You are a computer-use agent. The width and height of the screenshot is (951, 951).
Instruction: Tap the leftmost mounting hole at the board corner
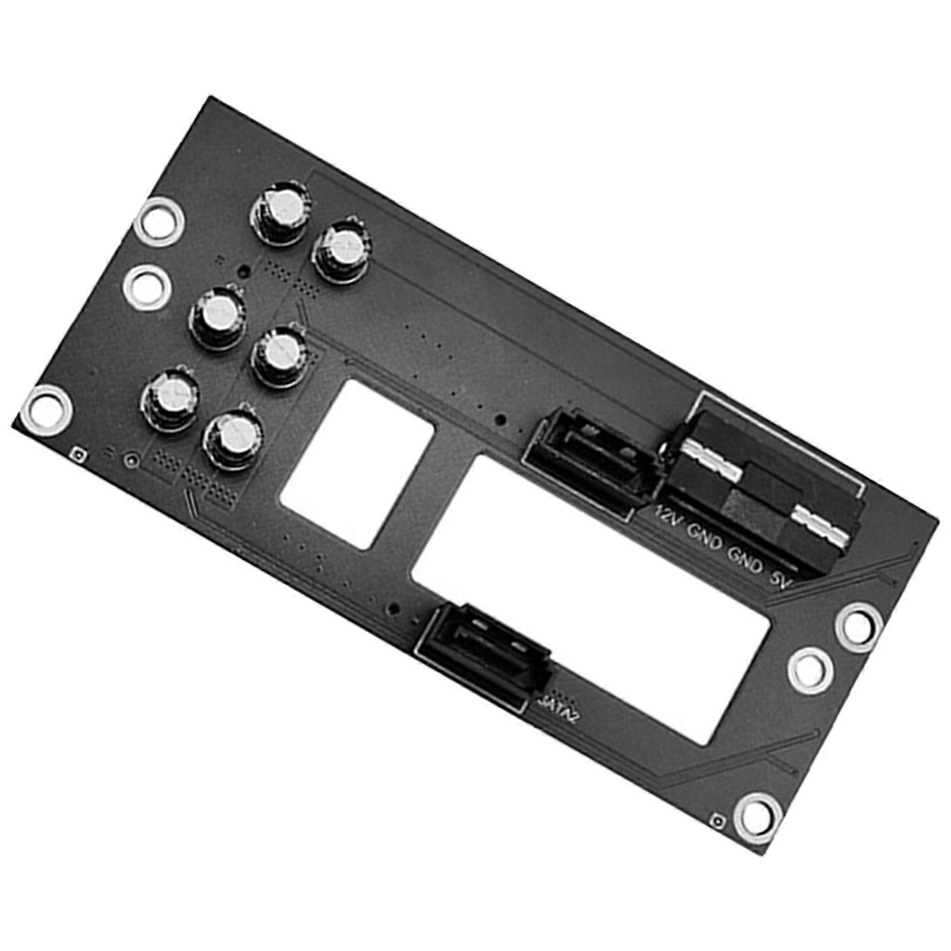point(48,410)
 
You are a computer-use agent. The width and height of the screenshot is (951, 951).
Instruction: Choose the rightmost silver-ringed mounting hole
point(858,626)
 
